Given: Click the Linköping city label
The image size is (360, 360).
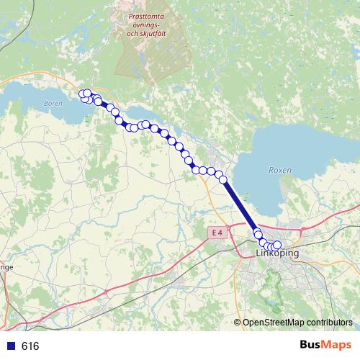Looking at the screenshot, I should click(x=278, y=254).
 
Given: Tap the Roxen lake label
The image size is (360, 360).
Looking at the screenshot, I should click(x=279, y=171).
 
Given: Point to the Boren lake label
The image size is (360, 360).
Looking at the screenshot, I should click(x=53, y=104).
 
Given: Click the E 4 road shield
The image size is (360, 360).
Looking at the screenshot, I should click(x=218, y=232).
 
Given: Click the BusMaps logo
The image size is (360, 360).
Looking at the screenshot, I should click(x=325, y=346).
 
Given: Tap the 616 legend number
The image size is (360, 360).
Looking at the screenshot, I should click(x=30, y=346).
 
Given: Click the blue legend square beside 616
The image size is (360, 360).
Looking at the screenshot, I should click(x=10, y=346).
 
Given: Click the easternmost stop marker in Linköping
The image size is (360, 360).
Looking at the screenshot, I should click(x=277, y=246).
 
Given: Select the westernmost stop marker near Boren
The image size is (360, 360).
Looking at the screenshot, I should click(x=83, y=94).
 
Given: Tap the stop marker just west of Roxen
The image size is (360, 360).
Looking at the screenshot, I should click(x=222, y=178).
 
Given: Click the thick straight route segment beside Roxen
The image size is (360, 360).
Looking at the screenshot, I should click(x=240, y=206).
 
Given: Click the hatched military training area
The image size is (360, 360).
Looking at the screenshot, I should click(x=144, y=58).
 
